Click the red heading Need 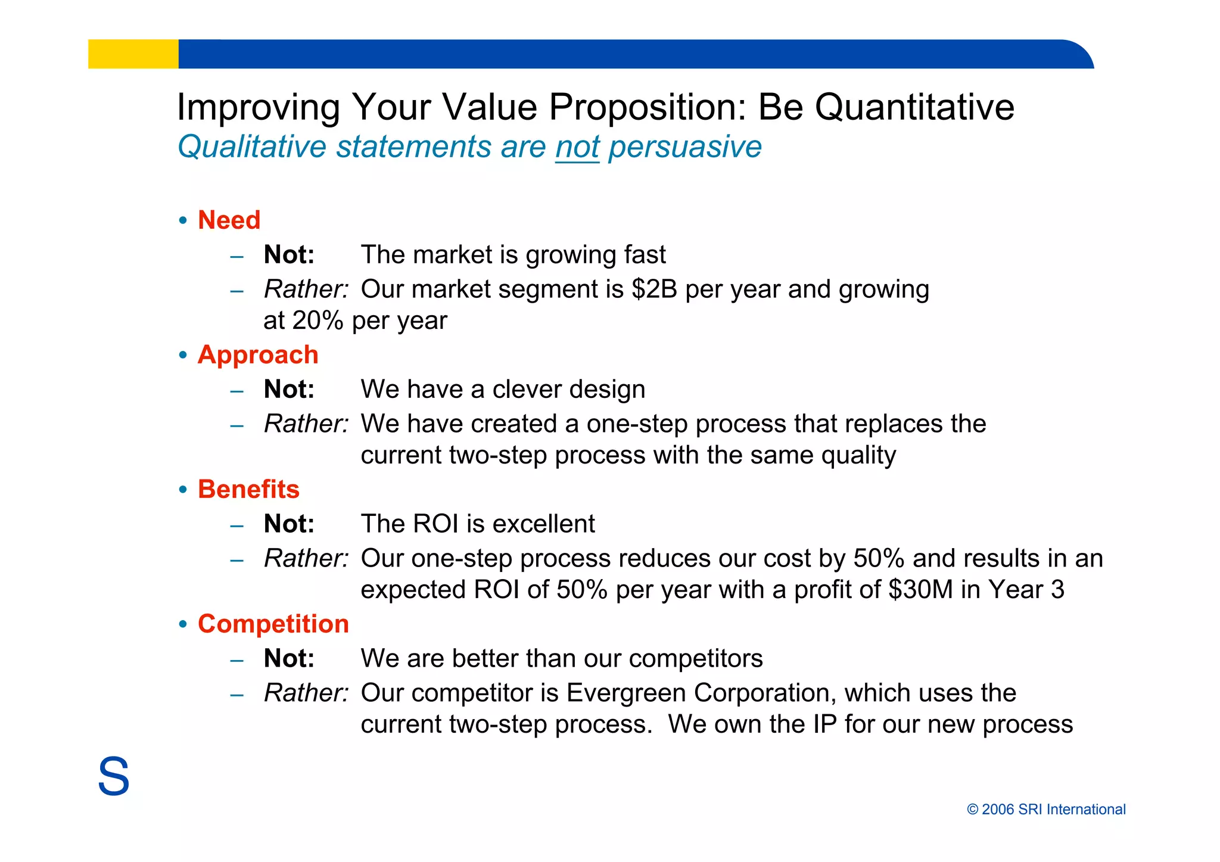229,220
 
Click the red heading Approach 258,354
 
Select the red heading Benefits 248,489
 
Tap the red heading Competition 273,624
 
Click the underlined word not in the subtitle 577,147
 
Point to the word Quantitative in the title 914,107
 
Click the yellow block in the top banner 133,54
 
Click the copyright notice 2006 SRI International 1046,809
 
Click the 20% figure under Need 318,320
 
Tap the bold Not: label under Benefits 289,524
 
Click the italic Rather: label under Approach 306,424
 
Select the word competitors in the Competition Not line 695,659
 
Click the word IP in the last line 824,724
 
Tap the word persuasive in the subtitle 684,147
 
